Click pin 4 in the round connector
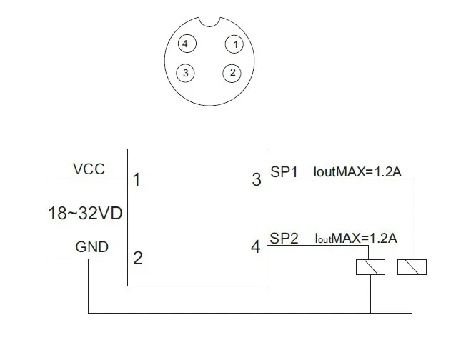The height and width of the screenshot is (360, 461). (185, 44)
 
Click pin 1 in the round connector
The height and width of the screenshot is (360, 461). (233, 44)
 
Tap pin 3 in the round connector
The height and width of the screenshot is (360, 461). (185, 72)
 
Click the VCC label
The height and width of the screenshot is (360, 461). (89, 169)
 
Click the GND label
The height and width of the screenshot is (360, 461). (92, 248)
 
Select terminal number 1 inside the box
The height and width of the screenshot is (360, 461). (137, 180)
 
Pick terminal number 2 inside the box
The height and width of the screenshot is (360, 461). (138, 258)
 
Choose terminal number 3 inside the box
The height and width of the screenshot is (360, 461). (257, 180)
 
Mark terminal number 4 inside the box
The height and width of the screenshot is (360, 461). (257, 247)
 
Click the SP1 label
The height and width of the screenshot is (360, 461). (284, 171)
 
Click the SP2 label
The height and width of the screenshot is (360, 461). (284, 238)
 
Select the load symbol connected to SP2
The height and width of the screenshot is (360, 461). (371, 266)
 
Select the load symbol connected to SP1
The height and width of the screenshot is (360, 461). (412, 266)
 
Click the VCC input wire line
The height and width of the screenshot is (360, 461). (86, 179)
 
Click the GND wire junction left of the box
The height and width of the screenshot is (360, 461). (88, 258)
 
